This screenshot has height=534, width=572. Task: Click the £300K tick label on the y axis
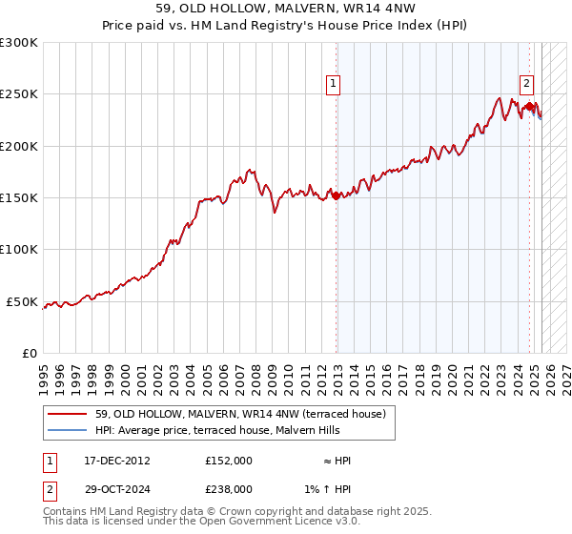point(19,43)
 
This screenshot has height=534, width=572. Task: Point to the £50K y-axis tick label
point(22,301)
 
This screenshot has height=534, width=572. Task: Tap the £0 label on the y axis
point(31,353)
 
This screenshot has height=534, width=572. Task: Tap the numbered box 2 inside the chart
point(526,82)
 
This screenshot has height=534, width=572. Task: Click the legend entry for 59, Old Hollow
point(239,414)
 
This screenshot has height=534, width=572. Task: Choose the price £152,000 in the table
point(229,461)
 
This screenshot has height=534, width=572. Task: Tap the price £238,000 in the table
point(229,488)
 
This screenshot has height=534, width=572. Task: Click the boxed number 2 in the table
point(49,488)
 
